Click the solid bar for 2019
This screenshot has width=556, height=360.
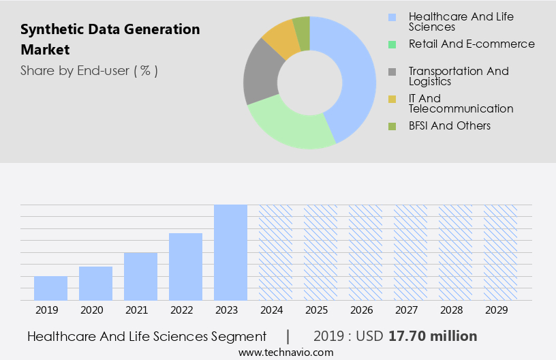50,288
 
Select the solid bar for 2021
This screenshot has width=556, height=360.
140,276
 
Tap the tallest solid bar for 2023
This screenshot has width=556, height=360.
230,252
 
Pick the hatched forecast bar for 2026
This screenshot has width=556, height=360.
365,252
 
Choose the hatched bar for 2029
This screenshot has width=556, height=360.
500,252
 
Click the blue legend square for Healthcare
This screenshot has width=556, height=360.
392,17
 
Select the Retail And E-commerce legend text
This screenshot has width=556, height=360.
472,44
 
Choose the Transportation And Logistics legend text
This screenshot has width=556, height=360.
458,76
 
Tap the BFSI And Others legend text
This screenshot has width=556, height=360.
449,125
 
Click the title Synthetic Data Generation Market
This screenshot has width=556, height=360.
110,40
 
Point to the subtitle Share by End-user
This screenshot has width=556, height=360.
89,70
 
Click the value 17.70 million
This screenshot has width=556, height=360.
433,336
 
